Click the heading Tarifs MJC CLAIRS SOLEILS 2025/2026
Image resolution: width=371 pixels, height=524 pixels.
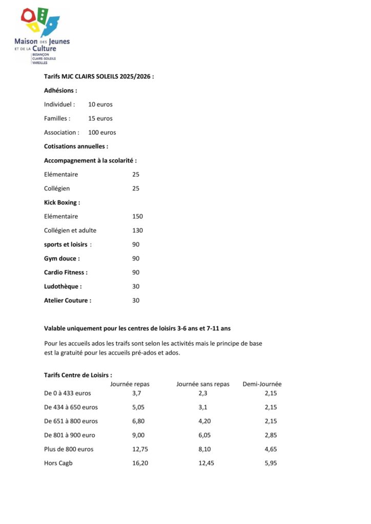[x=98, y=76]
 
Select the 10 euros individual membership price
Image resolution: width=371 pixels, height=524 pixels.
[x=100, y=104]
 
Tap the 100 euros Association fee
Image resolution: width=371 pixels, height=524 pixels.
[x=102, y=133]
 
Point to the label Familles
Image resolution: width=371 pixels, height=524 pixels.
[x=57, y=118]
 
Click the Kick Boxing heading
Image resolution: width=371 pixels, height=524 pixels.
[x=62, y=203]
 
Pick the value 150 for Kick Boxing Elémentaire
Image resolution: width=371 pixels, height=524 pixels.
[x=137, y=216]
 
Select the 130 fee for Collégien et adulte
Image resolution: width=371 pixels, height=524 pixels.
[x=137, y=230]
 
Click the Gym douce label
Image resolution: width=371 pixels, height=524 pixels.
[x=62, y=258]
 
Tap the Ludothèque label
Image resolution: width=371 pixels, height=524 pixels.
[x=63, y=287]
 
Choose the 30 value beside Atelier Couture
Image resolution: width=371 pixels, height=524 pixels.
[x=136, y=300]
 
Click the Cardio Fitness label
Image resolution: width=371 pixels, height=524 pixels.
[x=66, y=272]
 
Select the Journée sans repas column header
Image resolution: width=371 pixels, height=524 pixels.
[x=203, y=384]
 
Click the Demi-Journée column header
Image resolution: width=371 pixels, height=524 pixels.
[x=262, y=384]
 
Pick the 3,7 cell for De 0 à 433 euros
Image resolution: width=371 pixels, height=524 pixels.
[x=136, y=393]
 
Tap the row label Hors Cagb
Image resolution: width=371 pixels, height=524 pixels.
[x=58, y=463]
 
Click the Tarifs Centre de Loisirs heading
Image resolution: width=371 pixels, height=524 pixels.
[x=78, y=375]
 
